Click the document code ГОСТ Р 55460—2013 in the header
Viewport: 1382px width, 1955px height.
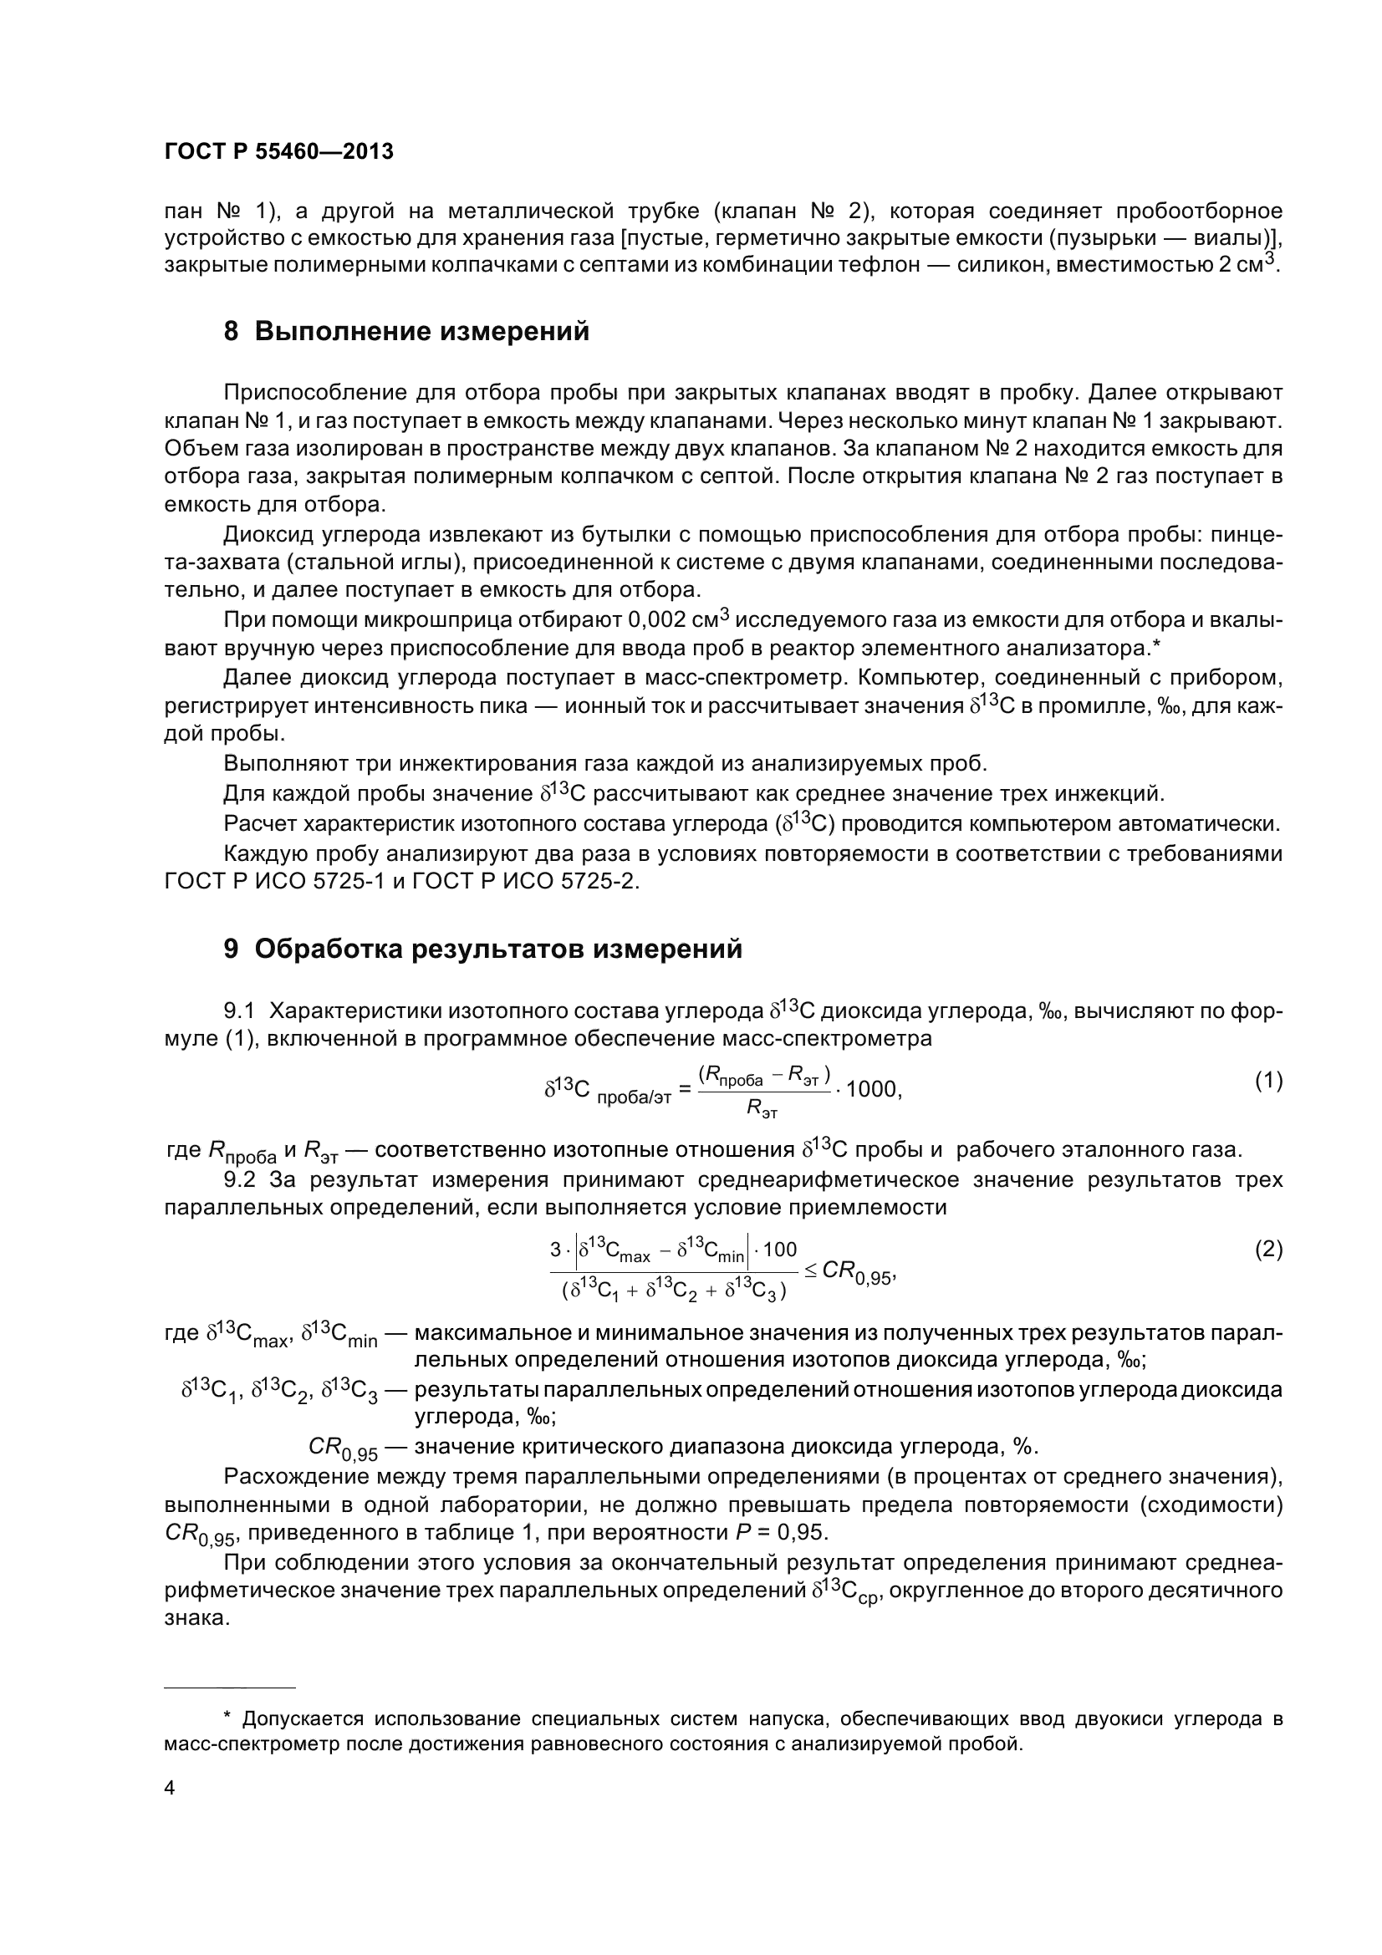click(278, 151)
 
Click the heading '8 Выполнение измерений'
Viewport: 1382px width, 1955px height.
click(406, 331)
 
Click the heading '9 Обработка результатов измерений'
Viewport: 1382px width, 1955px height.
click(482, 949)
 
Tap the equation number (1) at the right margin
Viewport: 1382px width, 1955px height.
click(1268, 1081)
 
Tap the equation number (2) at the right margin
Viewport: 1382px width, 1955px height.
click(1268, 1249)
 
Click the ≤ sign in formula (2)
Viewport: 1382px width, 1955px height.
click(810, 1270)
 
